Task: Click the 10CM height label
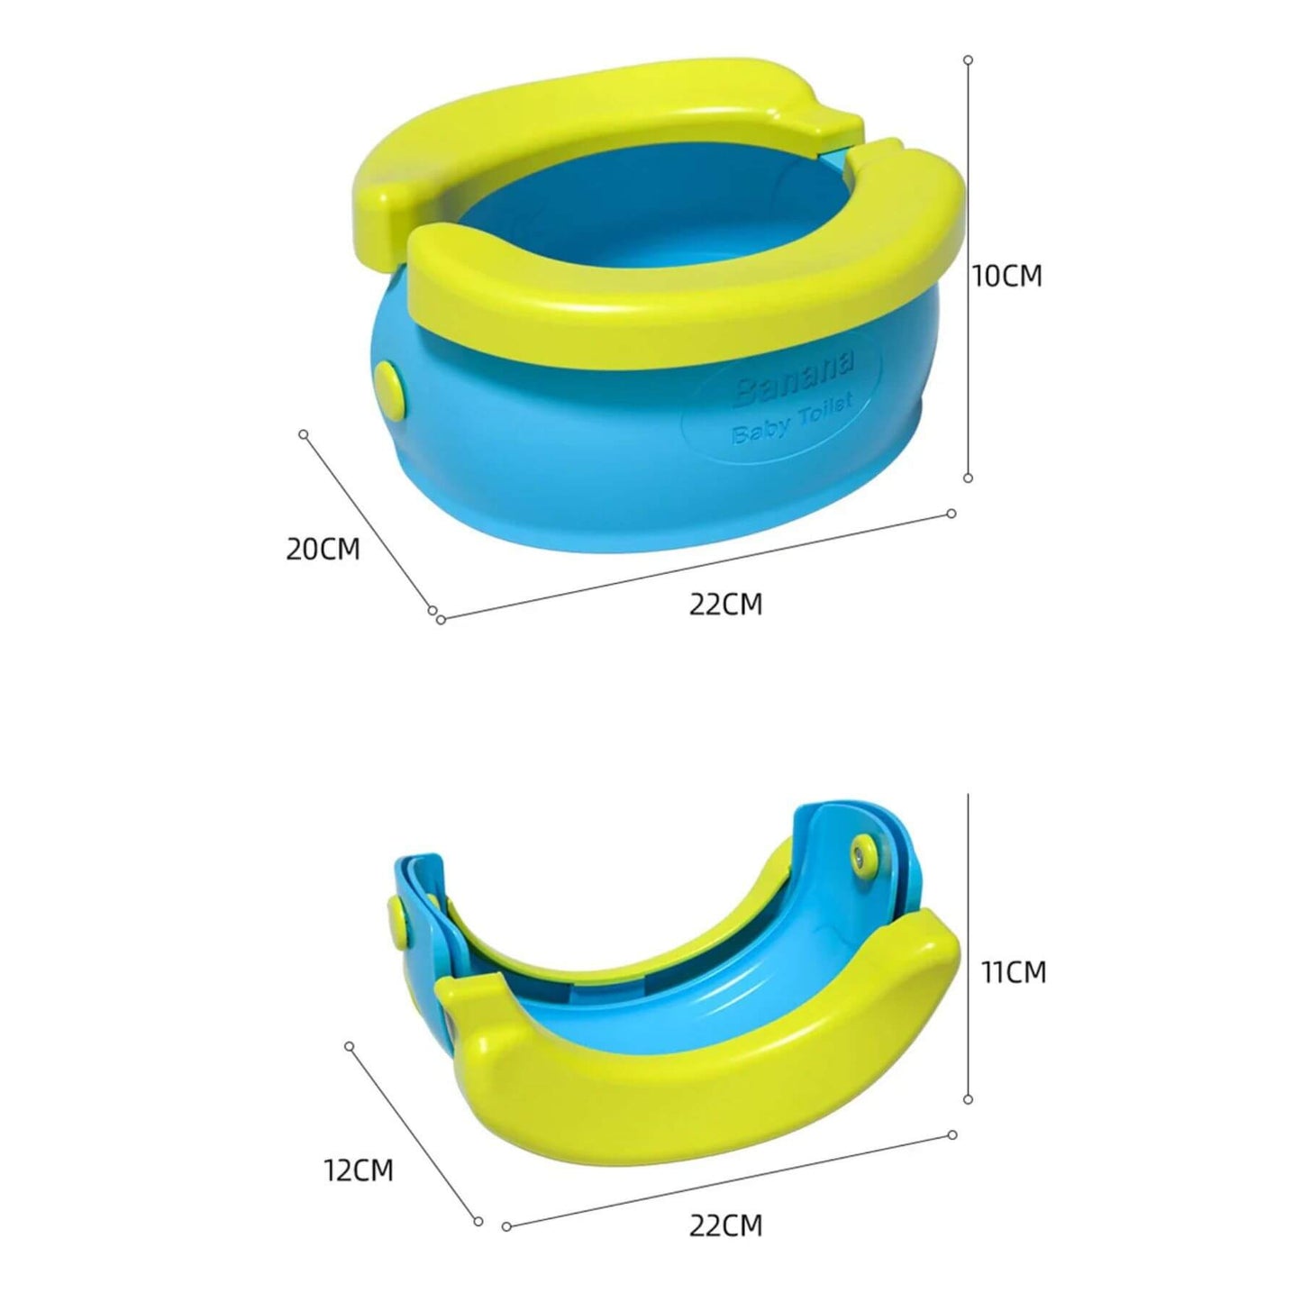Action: [1006, 276]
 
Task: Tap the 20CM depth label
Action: [323, 549]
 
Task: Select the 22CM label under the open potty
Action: [725, 604]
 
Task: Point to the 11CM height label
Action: [1014, 972]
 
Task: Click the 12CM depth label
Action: [359, 1170]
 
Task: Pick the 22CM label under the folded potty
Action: [725, 1225]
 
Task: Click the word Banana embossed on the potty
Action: [793, 379]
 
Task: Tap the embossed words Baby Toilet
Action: [792, 420]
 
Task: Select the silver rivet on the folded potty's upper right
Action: [867, 851]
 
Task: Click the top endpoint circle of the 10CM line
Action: [968, 59]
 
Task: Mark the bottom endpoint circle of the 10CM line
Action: [968, 478]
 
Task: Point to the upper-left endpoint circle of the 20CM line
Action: [304, 434]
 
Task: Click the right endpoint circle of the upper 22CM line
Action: [951, 514]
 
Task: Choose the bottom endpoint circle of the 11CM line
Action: [968, 1099]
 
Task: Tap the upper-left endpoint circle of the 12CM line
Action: [350, 1047]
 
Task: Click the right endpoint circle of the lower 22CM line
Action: [951, 1135]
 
